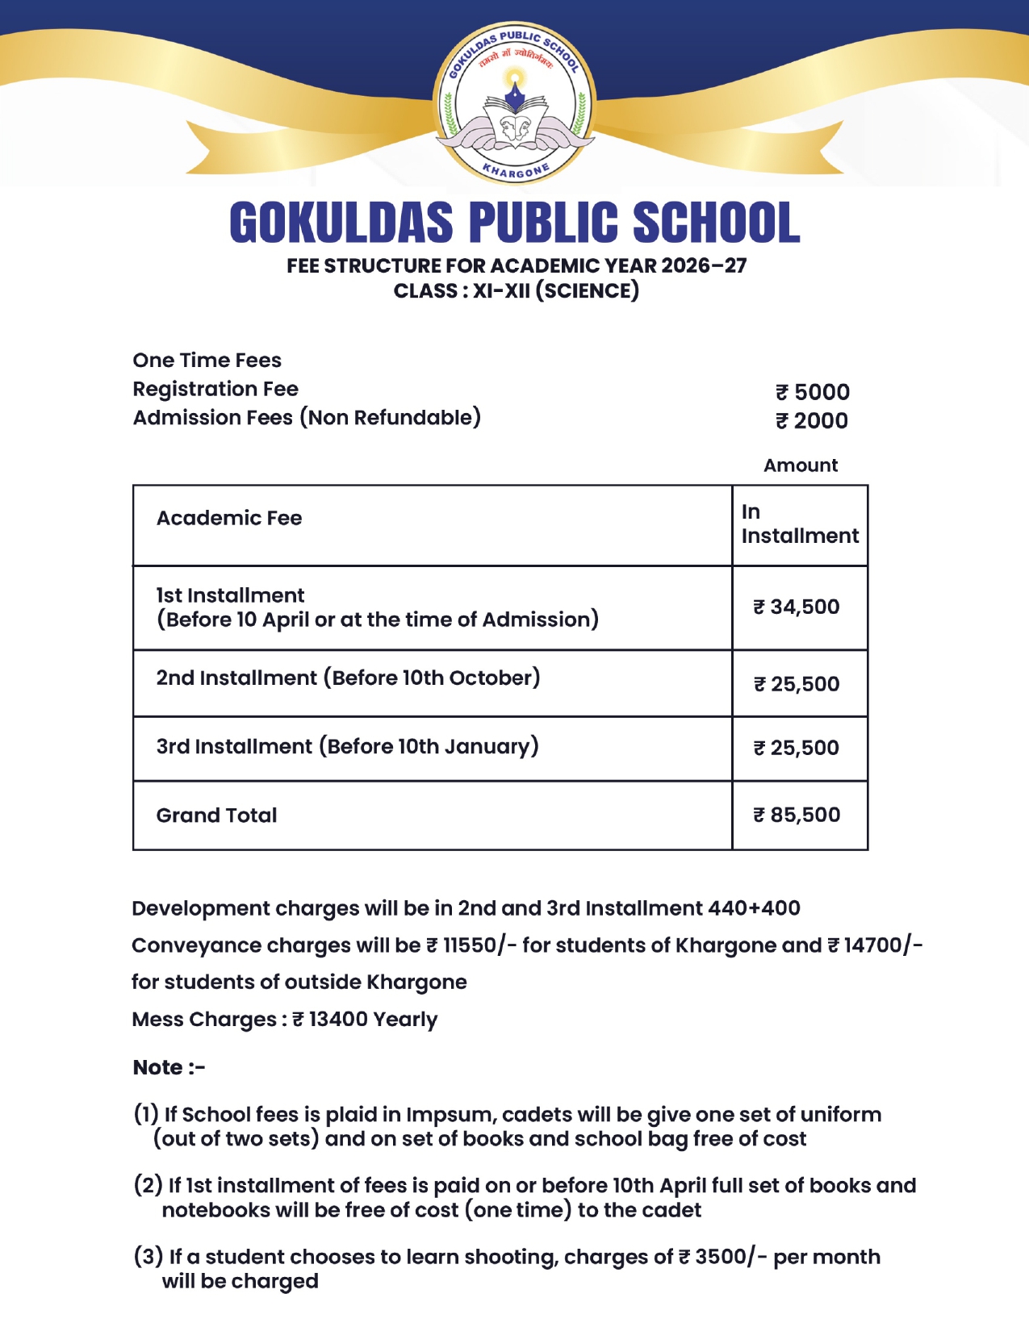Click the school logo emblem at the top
click(x=514, y=102)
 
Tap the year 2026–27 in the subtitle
click(x=704, y=265)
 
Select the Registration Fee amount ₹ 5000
click(x=812, y=392)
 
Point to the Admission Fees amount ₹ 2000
click(x=812, y=420)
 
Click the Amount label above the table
click(x=801, y=465)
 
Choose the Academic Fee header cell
click(x=229, y=518)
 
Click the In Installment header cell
click(x=799, y=524)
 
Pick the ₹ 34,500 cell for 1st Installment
click(x=797, y=607)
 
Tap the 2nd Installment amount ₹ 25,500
click(x=797, y=684)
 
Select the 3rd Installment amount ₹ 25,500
click(x=797, y=748)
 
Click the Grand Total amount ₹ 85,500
click(x=797, y=815)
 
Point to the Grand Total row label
click(x=216, y=816)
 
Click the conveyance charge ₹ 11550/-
click(x=471, y=945)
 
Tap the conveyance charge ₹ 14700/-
click(x=875, y=945)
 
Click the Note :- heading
click(x=169, y=1068)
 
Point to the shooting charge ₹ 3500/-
click(x=722, y=1257)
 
